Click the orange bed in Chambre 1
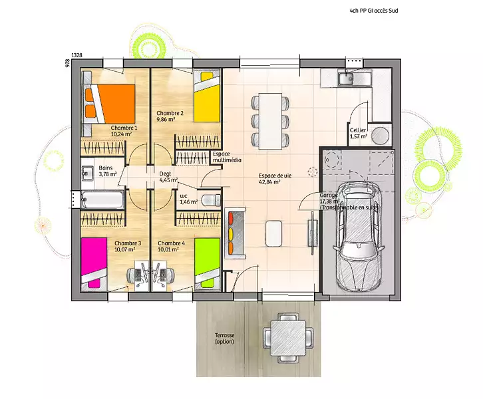click(110, 104)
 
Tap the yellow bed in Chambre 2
click(207, 96)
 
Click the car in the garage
click(359, 235)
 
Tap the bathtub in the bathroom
click(102, 199)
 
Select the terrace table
click(288, 338)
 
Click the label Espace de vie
click(275, 176)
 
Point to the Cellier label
click(358, 130)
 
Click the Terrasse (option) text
click(225, 338)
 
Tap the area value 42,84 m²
click(269, 182)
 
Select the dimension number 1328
click(77, 55)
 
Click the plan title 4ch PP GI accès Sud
click(374, 11)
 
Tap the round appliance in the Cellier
click(379, 135)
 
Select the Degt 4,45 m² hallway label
click(168, 177)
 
